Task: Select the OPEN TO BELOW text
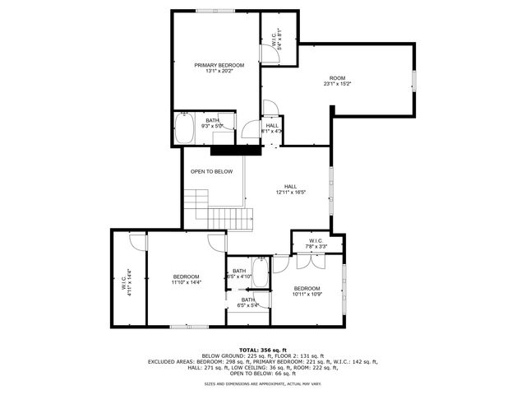click(x=211, y=172)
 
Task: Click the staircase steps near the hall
click(x=226, y=217)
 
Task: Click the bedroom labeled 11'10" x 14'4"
click(x=187, y=280)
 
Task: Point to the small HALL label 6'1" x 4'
click(x=271, y=128)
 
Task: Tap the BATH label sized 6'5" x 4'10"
click(x=239, y=274)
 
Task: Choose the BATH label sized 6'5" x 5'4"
click(x=247, y=302)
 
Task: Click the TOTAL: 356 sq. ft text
click(x=262, y=350)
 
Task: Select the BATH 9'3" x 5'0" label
click(x=212, y=123)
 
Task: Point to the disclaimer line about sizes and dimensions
click(x=262, y=383)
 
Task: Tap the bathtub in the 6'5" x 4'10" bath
click(x=261, y=273)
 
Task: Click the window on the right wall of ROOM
click(x=413, y=81)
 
